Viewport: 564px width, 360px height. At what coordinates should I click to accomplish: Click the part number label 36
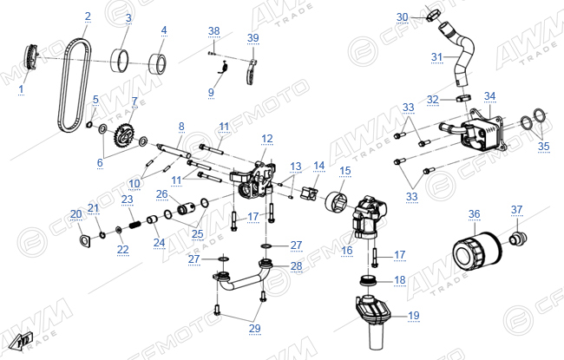[474, 214]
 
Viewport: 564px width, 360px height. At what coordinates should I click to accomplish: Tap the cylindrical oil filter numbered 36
[476, 252]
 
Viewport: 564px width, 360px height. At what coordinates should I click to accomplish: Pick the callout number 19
[414, 316]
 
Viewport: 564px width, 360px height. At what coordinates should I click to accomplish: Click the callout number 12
[267, 139]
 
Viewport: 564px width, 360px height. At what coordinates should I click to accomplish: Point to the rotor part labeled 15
[338, 202]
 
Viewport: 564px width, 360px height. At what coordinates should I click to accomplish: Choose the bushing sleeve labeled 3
[119, 60]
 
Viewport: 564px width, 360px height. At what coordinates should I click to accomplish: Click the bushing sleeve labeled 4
[158, 63]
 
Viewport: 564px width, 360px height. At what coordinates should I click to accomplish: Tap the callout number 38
[214, 31]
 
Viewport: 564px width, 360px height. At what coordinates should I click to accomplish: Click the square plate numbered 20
[85, 240]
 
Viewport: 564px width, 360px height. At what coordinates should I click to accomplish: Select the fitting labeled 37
[518, 238]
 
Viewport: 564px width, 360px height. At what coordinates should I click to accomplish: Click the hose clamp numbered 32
[464, 97]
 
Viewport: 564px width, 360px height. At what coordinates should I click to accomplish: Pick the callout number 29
[254, 329]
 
